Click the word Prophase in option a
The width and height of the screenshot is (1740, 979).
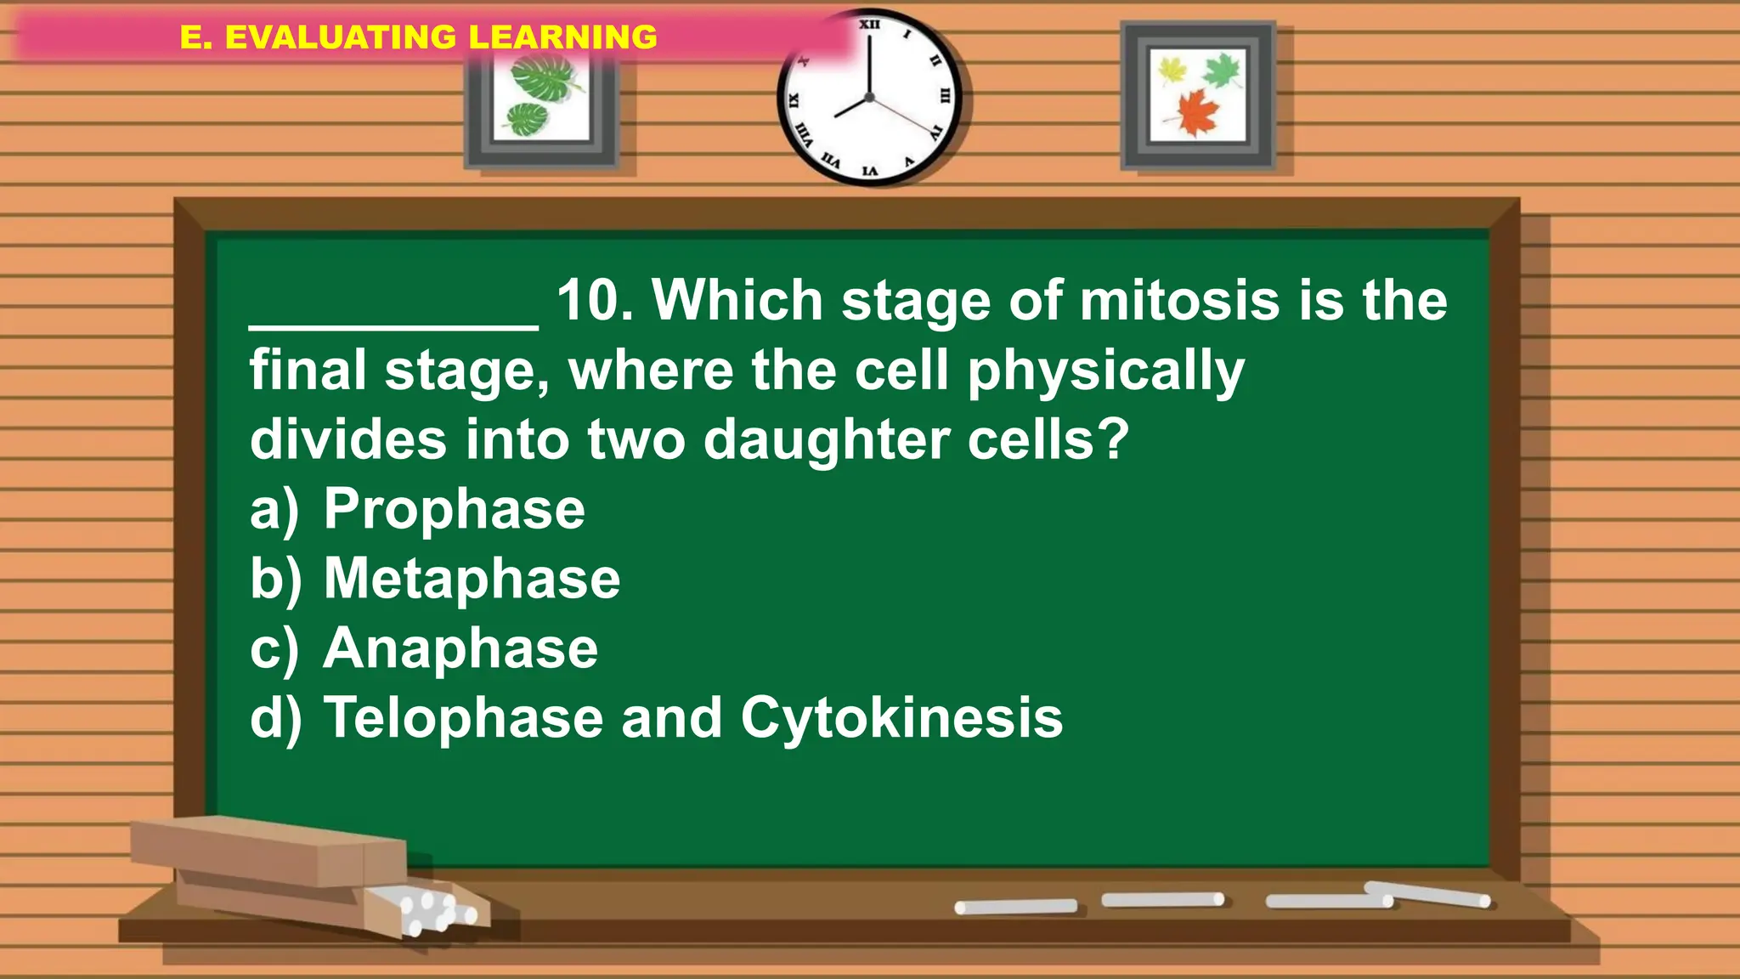pyautogui.click(x=454, y=510)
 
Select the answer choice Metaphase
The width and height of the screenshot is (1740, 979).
pyautogui.click(x=472, y=580)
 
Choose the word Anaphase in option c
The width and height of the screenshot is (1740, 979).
pyautogui.click(x=460, y=649)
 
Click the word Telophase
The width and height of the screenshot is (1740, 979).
pyautogui.click(x=463, y=719)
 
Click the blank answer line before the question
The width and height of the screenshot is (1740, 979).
pyautogui.click(x=393, y=323)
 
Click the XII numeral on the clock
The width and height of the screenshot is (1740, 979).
pyautogui.click(x=869, y=25)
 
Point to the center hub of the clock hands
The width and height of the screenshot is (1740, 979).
pyautogui.click(x=869, y=98)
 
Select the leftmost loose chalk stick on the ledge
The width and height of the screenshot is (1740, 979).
pyautogui.click(x=1015, y=907)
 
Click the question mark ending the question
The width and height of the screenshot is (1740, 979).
pyautogui.click(x=1112, y=440)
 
